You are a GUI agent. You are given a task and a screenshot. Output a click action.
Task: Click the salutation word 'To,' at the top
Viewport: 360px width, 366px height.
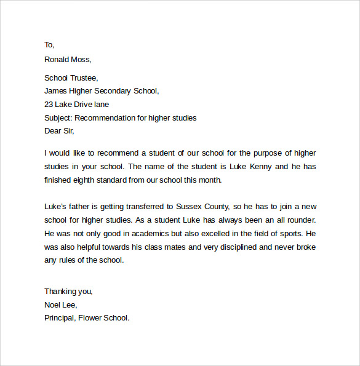coord(49,45)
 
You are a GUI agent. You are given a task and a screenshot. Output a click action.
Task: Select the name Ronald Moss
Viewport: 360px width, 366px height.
coord(67,60)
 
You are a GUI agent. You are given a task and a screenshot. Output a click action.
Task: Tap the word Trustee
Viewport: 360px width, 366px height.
coord(82,78)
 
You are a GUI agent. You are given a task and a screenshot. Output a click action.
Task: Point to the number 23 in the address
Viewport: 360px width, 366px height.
coord(49,105)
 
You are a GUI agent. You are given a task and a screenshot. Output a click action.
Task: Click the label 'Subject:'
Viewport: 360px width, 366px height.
coord(59,118)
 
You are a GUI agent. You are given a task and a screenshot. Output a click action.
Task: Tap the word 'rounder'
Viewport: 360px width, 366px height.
coord(300,220)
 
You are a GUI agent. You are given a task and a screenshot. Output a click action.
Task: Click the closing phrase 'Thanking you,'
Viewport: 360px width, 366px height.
coord(68,292)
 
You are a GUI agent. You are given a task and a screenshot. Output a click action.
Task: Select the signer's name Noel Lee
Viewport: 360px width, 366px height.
coord(60,304)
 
